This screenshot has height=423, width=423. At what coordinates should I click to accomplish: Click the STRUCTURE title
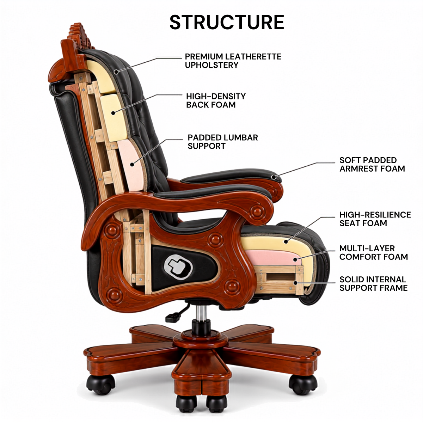tap(227, 22)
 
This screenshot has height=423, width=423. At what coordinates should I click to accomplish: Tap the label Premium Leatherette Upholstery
tap(233, 61)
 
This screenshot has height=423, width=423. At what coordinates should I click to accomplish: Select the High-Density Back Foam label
tap(216, 100)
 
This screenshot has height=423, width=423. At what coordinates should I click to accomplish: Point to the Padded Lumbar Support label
tap(222, 142)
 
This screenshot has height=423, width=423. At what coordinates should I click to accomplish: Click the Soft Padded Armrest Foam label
tap(372, 164)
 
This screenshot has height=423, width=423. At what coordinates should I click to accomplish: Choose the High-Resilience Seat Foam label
tap(375, 219)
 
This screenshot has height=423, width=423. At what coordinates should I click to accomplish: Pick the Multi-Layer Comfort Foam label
tap(373, 252)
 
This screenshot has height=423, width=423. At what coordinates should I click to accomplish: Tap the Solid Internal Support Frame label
tap(373, 284)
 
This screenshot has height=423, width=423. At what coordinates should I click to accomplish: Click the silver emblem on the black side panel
tap(178, 267)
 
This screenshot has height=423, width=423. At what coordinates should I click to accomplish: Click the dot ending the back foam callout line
tap(113, 113)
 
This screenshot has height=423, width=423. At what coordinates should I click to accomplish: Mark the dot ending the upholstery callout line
tap(116, 71)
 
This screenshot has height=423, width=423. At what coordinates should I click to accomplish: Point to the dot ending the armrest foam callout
tap(274, 177)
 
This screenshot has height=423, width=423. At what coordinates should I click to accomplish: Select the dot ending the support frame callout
tap(296, 283)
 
